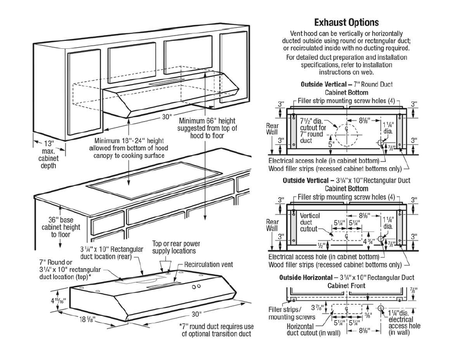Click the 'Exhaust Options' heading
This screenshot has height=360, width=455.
(346, 22)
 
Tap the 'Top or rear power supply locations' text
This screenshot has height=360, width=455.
(174, 247)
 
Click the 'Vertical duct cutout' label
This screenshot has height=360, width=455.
(309, 223)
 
